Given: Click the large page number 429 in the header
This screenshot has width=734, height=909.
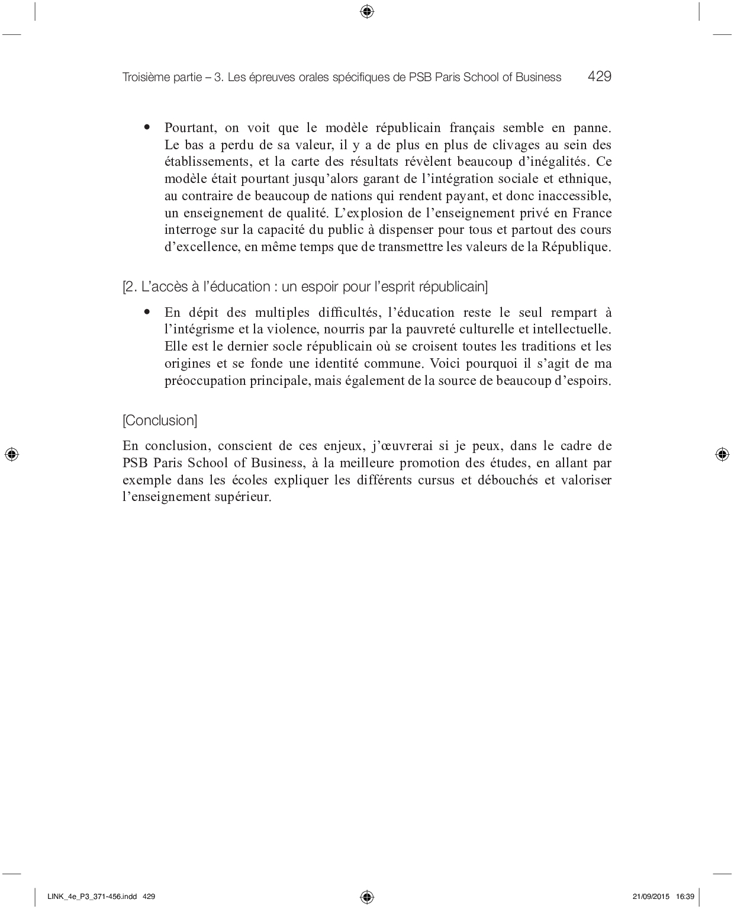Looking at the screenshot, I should click(599, 76).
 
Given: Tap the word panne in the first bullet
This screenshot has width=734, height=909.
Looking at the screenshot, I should click(592, 128).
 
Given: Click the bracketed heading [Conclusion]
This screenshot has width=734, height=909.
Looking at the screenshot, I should click(160, 420).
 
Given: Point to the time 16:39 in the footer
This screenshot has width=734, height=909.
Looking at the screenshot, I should click(685, 897).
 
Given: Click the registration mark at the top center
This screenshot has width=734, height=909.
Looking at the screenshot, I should click(366, 11).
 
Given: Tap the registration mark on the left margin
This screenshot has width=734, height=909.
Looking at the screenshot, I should click(11, 454).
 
